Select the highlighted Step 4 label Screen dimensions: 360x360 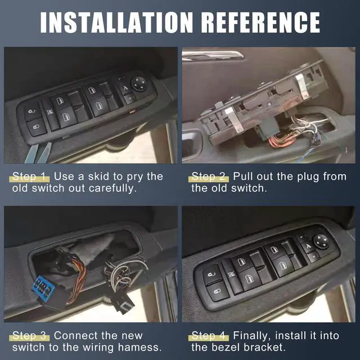210,336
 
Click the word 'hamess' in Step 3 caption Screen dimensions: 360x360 143,348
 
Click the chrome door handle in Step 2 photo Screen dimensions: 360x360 214,55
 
